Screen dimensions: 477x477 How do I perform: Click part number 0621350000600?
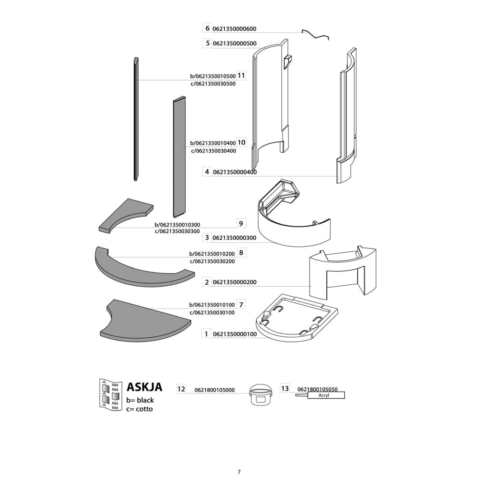[235, 29]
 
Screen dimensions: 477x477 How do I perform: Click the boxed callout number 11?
[241, 75]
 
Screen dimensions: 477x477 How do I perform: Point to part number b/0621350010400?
[213, 143]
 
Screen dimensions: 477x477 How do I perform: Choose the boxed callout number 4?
[207, 172]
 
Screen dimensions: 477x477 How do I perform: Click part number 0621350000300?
[235, 237]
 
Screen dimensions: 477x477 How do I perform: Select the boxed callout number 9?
[241, 223]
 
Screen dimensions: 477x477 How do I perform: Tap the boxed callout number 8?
[241, 252]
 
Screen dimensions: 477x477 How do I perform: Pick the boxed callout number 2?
[207, 282]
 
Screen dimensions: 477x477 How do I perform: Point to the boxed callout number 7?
[241, 304]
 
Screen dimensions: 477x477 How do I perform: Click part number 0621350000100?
[235, 334]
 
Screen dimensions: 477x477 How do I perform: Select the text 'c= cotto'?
[140, 409]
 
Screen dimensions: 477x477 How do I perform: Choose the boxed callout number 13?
[285, 389]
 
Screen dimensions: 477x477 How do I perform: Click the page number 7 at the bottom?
[238, 472]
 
